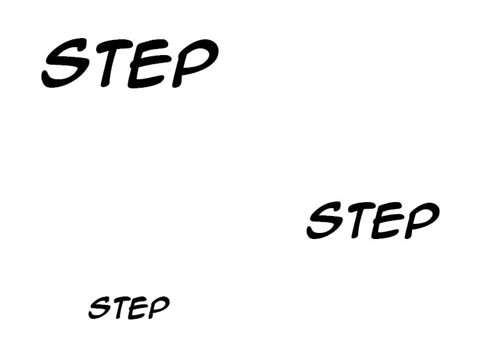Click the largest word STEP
pyautogui.click(x=130, y=63)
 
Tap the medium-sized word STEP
pyautogui.click(x=373, y=220)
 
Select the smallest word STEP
pyautogui.click(x=129, y=307)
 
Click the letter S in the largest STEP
pyautogui.click(x=65, y=63)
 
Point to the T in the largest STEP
pyautogui.click(x=113, y=63)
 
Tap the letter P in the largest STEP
pyautogui.click(x=195, y=63)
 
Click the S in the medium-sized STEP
pyautogui.click(x=325, y=220)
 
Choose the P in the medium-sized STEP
pyautogui.click(x=422, y=220)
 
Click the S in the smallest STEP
pyautogui.click(x=100, y=307)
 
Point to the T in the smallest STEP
pyautogui.click(x=121, y=308)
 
